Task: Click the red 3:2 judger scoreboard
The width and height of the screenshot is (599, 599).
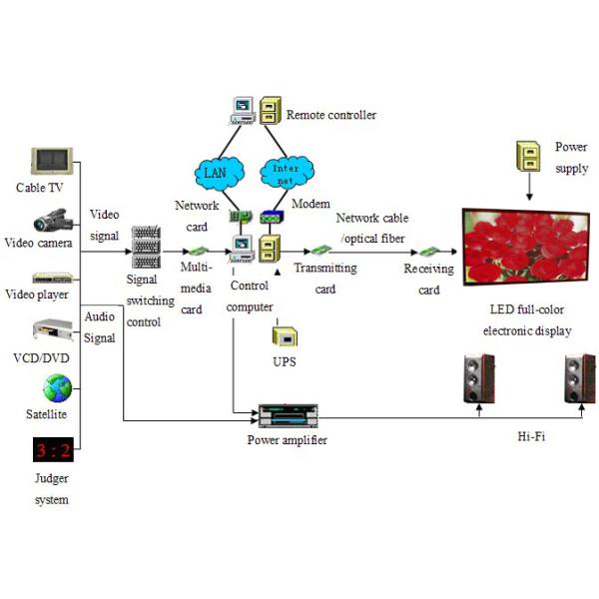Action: tap(52, 450)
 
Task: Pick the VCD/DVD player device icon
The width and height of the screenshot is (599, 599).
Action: tap(52, 331)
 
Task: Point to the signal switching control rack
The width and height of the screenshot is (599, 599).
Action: tap(147, 247)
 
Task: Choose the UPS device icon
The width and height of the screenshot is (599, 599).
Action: tap(284, 335)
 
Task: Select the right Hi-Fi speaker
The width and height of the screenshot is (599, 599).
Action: tap(578, 378)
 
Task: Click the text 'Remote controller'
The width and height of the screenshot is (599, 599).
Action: tap(331, 115)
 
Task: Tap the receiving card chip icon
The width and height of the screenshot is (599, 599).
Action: tap(428, 252)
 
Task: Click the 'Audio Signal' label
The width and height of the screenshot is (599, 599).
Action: tap(100, 326)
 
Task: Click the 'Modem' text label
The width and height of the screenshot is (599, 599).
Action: tap(310, 203)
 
